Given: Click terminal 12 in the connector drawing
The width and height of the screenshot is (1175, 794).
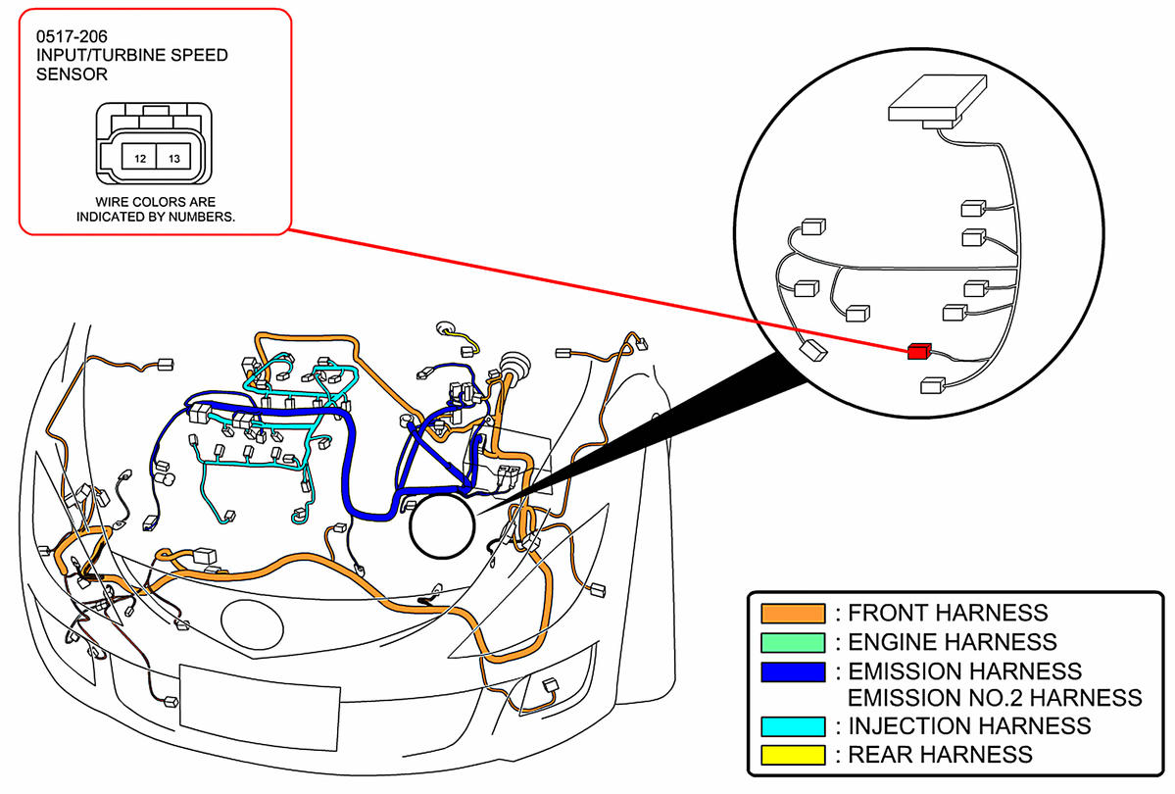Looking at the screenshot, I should pyautogui.click(x=140, y=158).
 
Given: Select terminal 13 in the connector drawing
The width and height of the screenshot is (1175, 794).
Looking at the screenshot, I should pyautogui.click(x=173, y=158).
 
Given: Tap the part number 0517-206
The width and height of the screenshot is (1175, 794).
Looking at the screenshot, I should pyautogui.click(x=72, y=37).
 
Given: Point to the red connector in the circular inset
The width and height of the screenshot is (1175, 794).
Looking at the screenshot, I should pyautogui.click(x=919, y=350).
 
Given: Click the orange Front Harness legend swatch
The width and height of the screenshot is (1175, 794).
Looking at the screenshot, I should pyautogui.click(x=793, y=614).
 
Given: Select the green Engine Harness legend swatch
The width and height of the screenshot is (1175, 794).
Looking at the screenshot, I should pyautogui.click(x=793, y=642).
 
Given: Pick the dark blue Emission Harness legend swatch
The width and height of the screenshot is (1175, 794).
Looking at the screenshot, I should pyautogui.click(x=793, y=671).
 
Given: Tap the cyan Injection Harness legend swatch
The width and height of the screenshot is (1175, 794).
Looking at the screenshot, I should pyautogui.click(x=793, y=726).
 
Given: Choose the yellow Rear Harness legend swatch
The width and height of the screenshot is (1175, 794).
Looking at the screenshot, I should pyautogui.click(x=793, y=755).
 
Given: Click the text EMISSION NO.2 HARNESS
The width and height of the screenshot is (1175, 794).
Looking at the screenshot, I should pyautogui.click(x=995, y=698).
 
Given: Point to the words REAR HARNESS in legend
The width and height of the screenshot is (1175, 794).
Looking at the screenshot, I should pyautogui.click(x=940, y=755).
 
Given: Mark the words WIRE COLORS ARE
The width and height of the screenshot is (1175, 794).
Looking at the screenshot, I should pyautogui.click(x=156, y=202).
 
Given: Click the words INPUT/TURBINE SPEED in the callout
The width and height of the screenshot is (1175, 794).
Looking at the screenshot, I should pyautogui.click(x=131, y=55).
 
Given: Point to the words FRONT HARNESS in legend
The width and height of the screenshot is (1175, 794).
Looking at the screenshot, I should pyautogui.click(x=948, y=614).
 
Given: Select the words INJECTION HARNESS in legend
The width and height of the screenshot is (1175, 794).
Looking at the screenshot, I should pyautogui.click(x=969, y=726).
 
